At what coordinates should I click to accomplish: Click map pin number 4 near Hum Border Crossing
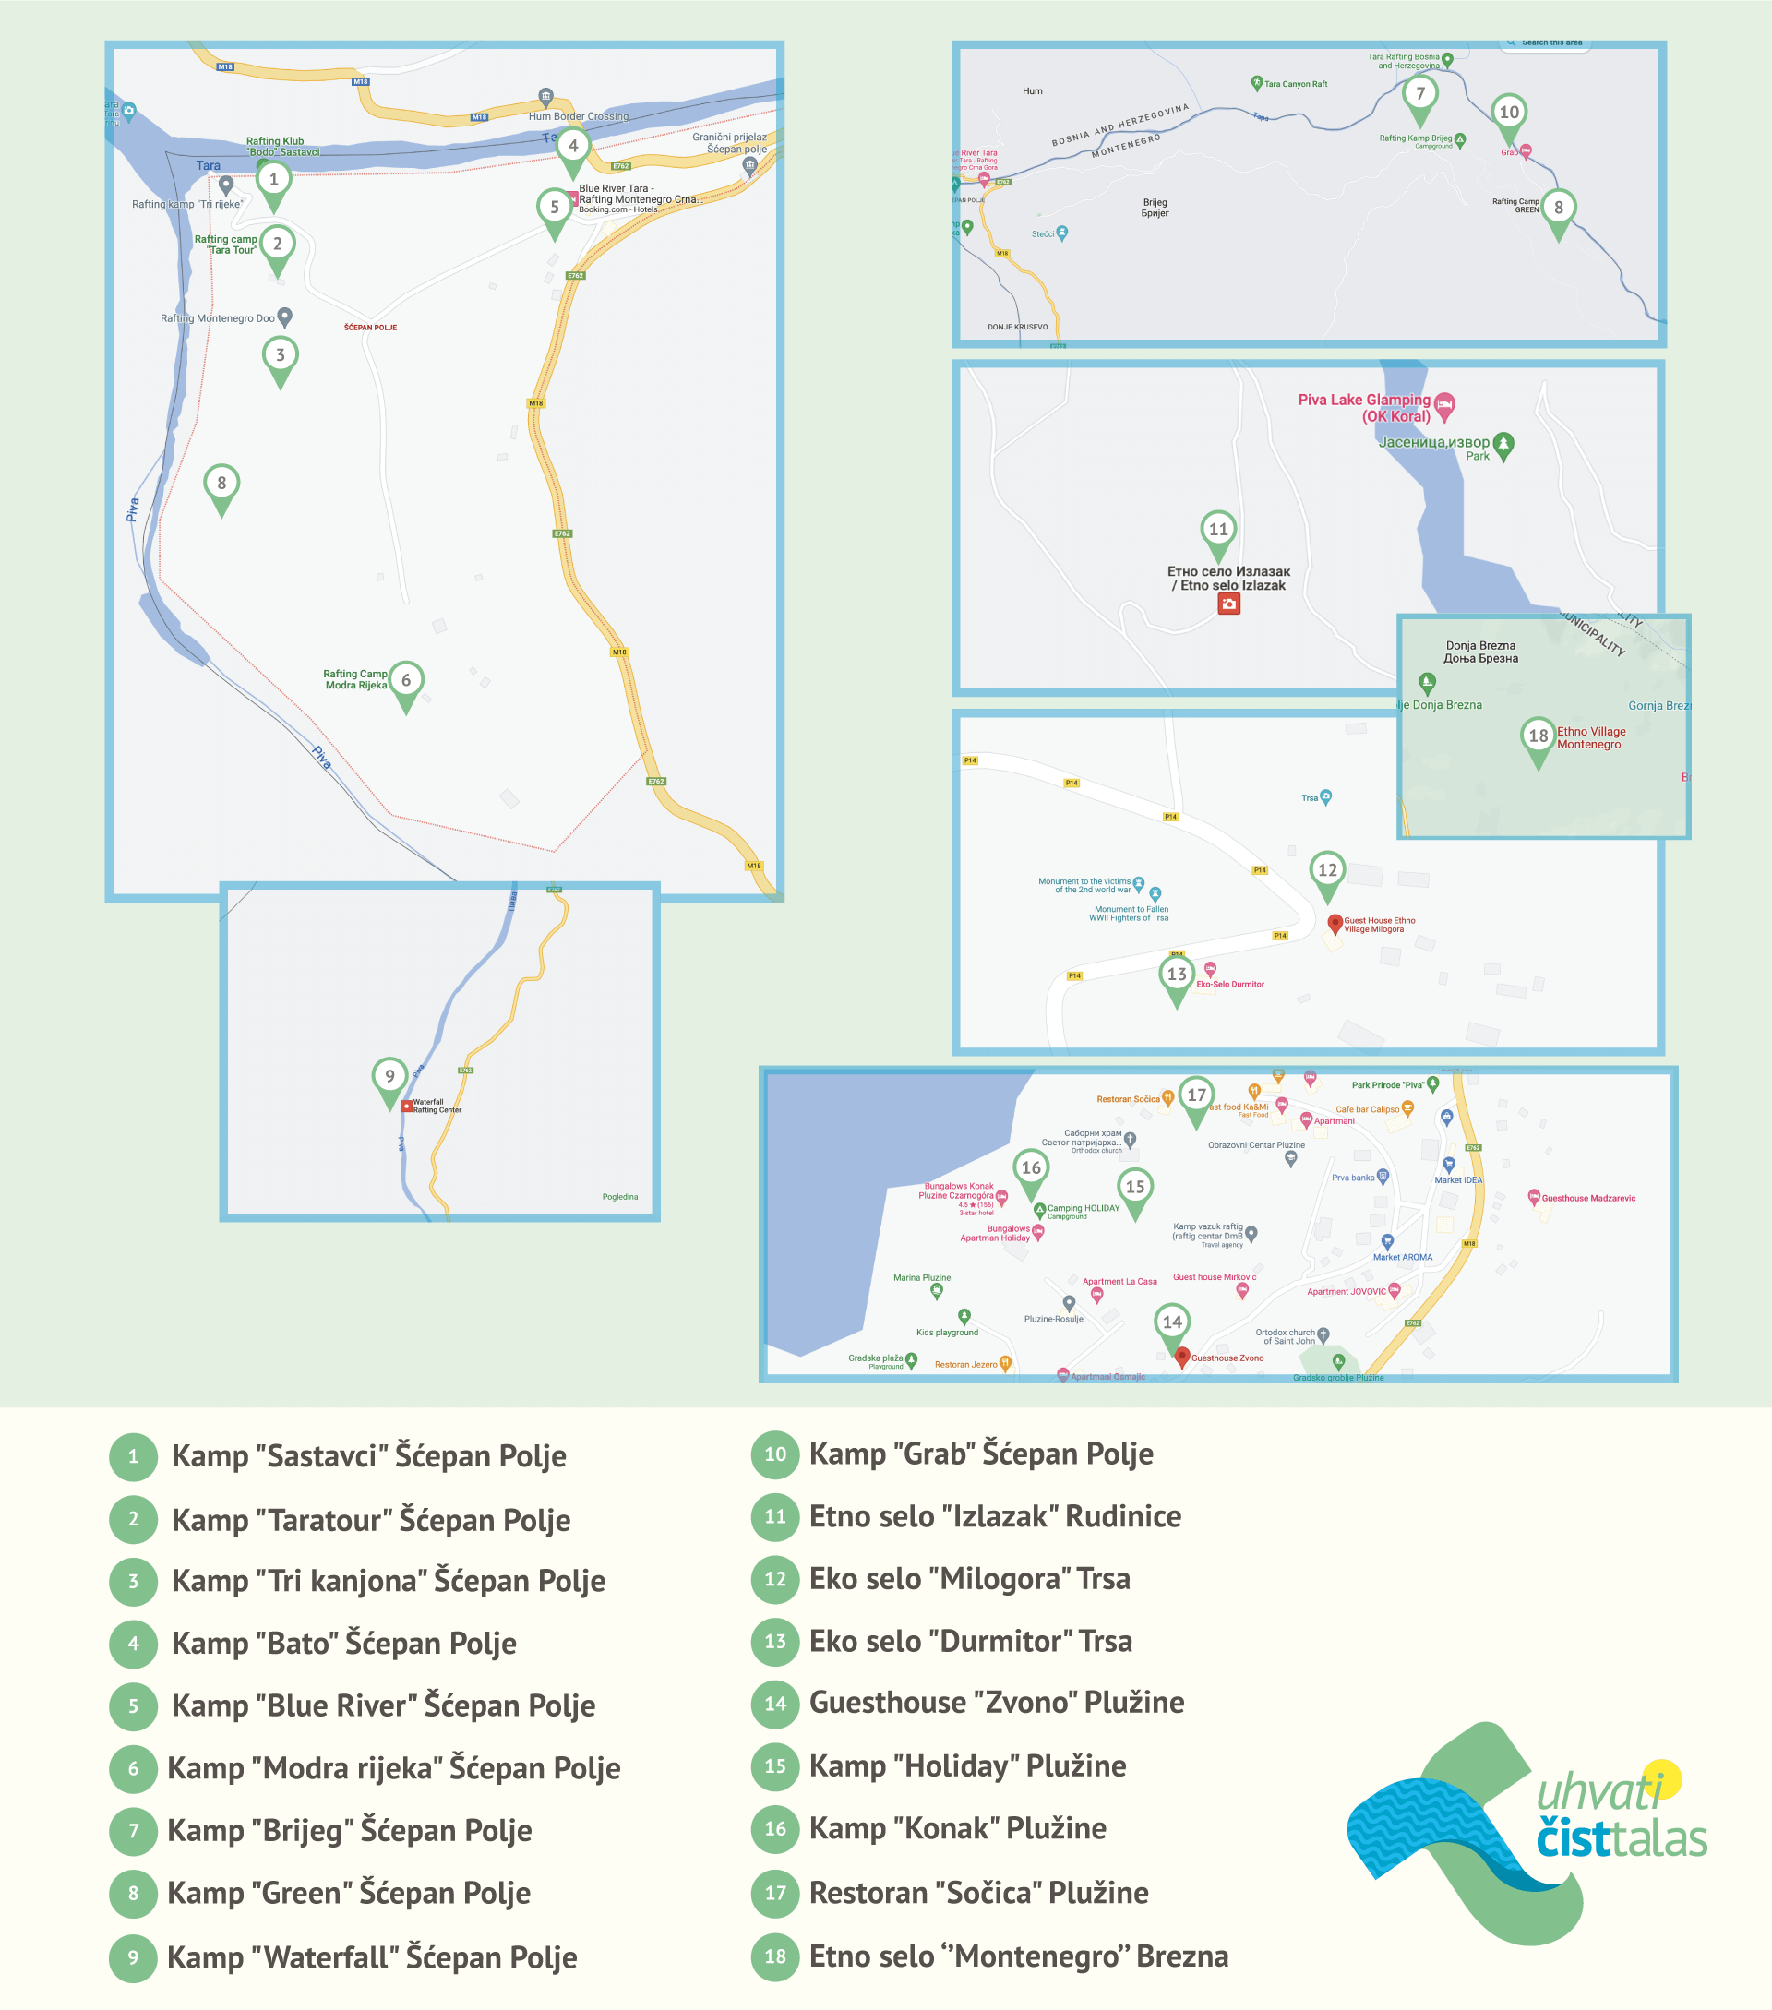[x=572, y=148]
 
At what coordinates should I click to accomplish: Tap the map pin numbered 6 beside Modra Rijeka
[x=405, y=681]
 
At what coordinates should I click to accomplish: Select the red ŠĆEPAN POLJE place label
[x=371, y=328]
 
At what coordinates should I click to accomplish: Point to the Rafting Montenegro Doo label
[x=217, y=318]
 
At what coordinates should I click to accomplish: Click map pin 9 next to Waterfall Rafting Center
[x=389, y=1078]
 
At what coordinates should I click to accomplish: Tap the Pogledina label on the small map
[x=619, y=1197]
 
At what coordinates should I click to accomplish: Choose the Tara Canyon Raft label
[x=1295, y=85]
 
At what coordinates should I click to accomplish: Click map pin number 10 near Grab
[x=1508, y=114]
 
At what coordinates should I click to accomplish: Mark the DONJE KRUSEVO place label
[x=1017, y=327]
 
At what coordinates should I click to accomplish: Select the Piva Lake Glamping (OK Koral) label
[x=1364, y=407]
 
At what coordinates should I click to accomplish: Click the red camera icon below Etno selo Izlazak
[x=1228, y=604]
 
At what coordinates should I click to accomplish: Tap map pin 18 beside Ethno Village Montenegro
[x=1537, y=737]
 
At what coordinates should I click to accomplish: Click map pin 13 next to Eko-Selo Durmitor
[x=1176, y=975]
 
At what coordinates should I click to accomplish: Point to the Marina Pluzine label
[x=921, y=1277]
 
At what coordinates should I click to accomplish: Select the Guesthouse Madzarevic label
[x=1588, y=1198]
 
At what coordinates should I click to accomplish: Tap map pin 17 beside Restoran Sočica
[x=1196, y=1096]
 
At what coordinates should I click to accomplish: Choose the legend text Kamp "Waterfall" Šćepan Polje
[x=372, y=1956]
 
